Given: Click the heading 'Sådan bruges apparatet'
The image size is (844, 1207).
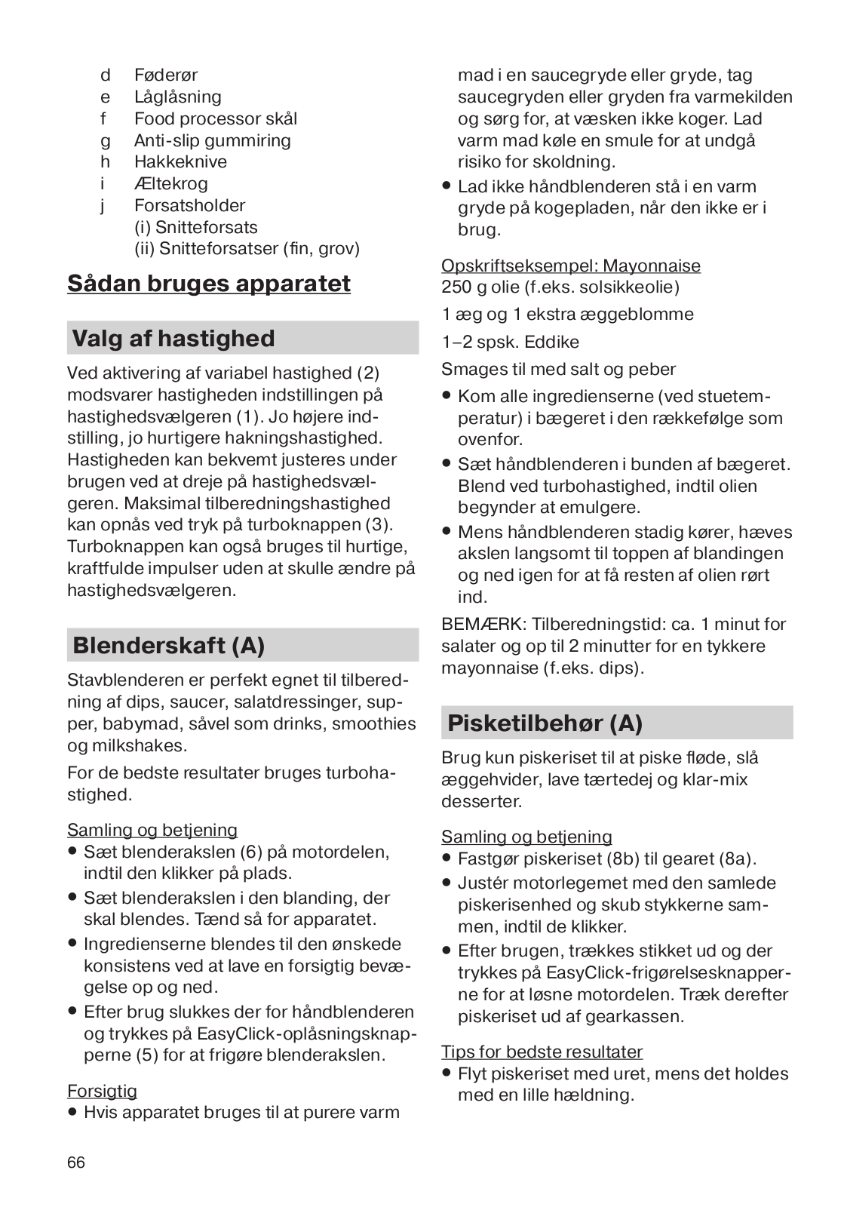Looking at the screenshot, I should click(x=209, y=284).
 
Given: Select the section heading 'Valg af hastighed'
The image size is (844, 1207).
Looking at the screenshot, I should click(x=173, y=339).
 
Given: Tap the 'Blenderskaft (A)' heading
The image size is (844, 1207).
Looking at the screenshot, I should click(x=169, y=646).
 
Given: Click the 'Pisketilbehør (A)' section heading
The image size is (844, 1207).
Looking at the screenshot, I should click(x=545, y=723).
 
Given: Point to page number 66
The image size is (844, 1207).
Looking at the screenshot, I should click(x=76, y=1162).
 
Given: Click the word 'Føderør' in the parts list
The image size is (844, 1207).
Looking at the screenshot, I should click(x=166, y=75).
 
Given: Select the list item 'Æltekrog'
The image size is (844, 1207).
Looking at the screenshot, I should click(x=170, y=184).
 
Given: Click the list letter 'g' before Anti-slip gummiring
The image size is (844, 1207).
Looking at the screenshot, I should click(x=105, y=141).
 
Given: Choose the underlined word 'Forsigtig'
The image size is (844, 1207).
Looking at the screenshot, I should click(x=102, y=1091).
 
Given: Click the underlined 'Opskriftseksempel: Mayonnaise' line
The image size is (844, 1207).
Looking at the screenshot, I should click(x=571, y=266).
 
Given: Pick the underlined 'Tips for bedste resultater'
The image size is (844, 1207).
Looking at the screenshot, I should click(x=542, y=1052).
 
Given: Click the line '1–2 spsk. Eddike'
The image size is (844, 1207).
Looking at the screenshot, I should click(x=511, y=342).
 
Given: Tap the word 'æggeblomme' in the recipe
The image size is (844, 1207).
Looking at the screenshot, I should click(x=646, y=315).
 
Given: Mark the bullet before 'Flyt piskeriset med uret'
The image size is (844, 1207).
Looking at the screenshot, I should click(x=447, y=1073).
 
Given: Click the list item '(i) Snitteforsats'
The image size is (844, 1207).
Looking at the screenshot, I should click(x=196, y=228).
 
